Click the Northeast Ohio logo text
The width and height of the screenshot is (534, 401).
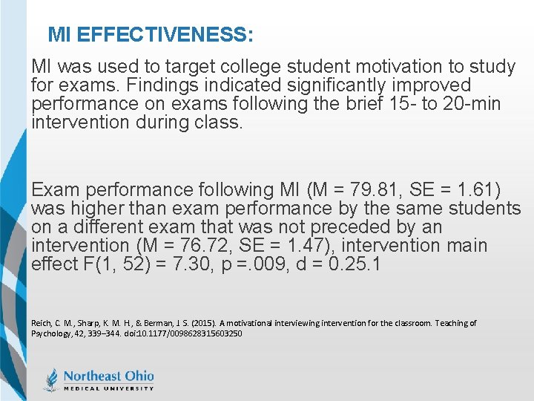point(108,376)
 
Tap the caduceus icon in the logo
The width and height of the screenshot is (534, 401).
point(51,379)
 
